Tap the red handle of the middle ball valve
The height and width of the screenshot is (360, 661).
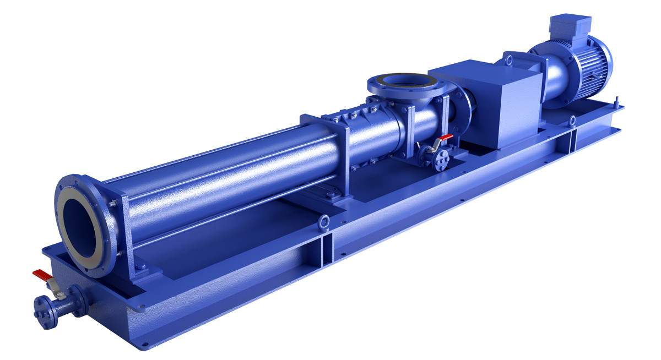[447, 137]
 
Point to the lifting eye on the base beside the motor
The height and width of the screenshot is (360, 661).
[572, 119]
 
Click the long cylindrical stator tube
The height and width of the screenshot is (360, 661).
[231, 176]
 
